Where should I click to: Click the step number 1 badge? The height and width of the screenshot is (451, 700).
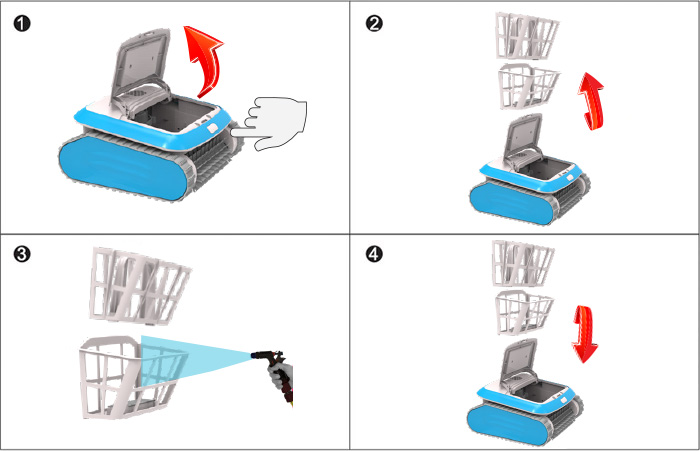pos(22,23)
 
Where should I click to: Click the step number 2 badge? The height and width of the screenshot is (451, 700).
pos(374,23)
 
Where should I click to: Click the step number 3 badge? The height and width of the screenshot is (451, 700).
pos(22,255)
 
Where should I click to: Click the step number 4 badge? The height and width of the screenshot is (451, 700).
pos(374,255)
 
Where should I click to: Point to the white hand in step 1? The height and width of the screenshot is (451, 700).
pos(272,124)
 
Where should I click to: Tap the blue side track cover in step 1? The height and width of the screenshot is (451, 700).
pos(121,168)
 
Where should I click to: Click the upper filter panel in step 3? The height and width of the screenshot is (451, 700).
pos(139,285)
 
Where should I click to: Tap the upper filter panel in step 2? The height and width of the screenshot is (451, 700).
pos(527,35)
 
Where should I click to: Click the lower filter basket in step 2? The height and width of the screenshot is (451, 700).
pos(528,86)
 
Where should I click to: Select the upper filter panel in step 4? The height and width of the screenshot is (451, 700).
pos(522,263)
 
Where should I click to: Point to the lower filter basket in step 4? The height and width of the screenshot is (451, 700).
pos(523,313)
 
